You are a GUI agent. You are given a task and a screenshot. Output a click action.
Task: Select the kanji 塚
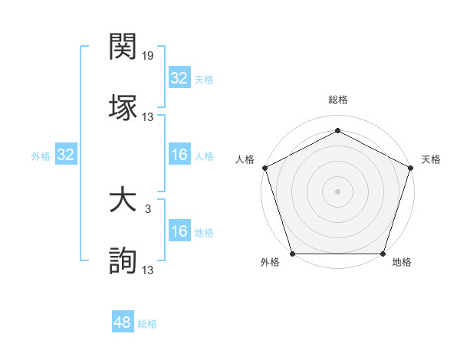(123, 106)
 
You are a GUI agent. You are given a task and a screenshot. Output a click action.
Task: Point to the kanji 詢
(123, 261)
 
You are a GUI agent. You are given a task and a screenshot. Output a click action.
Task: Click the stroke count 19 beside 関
(148, 57)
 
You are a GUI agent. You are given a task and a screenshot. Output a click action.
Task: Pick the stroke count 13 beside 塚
(148, 117)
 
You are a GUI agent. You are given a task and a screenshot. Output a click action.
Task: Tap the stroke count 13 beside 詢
(148, 270)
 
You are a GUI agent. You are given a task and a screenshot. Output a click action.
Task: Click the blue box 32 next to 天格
(179, 78)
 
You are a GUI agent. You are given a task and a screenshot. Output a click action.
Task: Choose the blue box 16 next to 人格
(179, 155)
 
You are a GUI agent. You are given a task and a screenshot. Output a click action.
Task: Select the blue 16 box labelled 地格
(179, 231)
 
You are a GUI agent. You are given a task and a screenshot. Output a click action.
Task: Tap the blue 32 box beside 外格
(65, 155)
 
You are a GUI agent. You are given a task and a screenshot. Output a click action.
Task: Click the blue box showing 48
(122, 322)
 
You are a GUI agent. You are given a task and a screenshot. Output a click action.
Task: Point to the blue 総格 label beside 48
(147, 324)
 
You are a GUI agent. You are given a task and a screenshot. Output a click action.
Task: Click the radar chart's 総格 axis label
(337, 100)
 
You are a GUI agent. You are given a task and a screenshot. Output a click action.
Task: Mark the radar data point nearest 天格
(410, 167)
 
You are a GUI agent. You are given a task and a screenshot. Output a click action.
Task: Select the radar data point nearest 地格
(383, 254)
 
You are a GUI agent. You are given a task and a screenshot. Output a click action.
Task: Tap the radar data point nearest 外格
(292, 254)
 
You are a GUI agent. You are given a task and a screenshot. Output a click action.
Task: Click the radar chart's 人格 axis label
(245, 159)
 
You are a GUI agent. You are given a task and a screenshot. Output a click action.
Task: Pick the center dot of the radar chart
(337, 191)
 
